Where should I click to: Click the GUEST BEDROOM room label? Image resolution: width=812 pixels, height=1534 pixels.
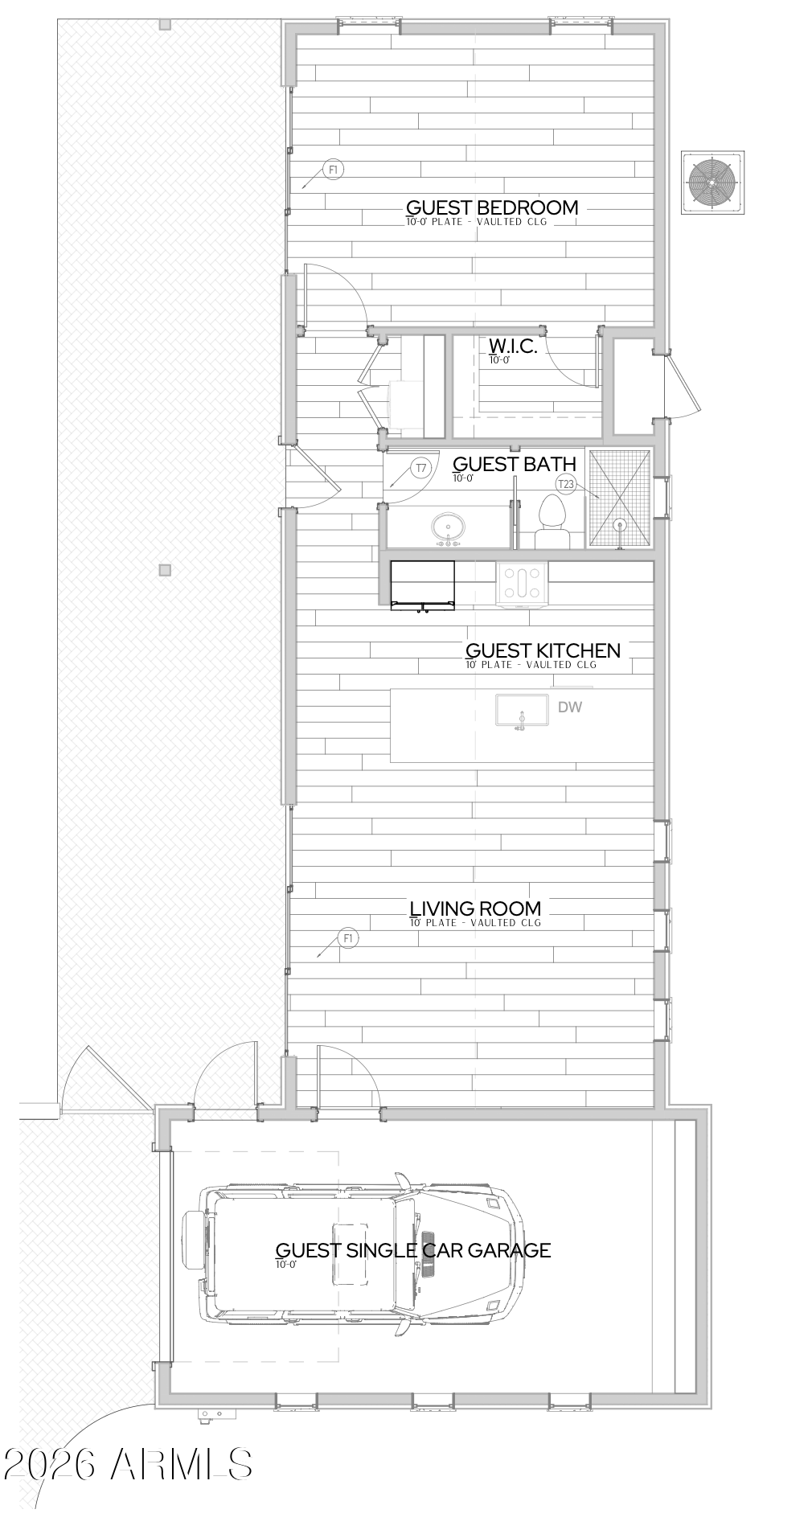click(x=492, y=207)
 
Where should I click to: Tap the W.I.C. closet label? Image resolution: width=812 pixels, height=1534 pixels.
click(x=513, y=347)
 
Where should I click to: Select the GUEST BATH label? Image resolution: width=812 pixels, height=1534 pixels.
click(x=515, y=464)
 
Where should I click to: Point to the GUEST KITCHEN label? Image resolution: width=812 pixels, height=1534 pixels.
click(x=543, y=650)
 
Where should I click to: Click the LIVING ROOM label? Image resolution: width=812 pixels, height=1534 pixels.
click(x=475, y=909)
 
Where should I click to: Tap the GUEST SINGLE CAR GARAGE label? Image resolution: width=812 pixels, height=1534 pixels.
click(x=413, y=1250)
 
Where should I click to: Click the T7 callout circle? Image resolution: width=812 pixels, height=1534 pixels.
click(x=421, y=468)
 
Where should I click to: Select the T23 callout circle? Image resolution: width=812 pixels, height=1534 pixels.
click(x=567, y=484)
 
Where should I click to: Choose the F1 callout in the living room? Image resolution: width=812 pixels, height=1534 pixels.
click(x=349, y=938)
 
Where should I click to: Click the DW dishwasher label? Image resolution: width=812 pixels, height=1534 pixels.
click(x=570, y=708)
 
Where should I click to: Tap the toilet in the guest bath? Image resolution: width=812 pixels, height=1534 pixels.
click(x=552, y=523)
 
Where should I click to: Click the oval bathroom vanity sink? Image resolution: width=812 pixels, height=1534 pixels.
click(x=449, y=528)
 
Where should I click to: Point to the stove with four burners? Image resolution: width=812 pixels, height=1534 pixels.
click(x=523, y=582)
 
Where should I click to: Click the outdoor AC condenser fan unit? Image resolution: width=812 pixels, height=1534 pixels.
click(x=712, y=182)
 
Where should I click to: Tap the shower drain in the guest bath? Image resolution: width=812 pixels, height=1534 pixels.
click(x=620, y=525)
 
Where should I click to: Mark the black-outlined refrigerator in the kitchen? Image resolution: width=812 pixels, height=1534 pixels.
click(x=423, y=584)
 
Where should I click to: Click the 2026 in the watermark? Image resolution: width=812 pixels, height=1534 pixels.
click(x=53, y=1464)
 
